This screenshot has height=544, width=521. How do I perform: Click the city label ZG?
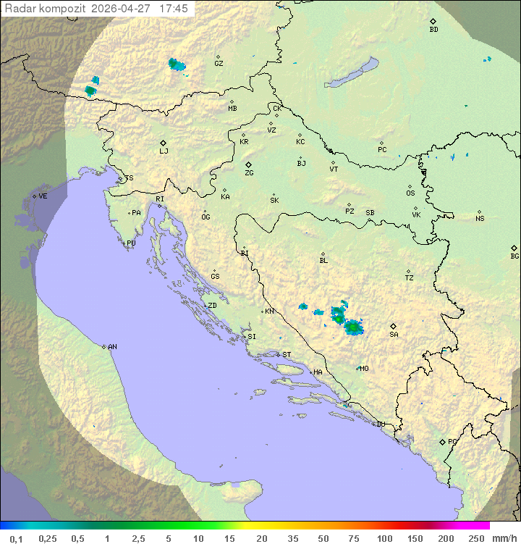(x=249, y=173)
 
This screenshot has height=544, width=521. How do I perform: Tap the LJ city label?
(x=164, y=151)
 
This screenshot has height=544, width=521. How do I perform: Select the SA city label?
(x=394, y=334)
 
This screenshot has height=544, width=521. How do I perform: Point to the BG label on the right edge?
(x=514, y=256)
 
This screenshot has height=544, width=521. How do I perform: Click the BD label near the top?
(x=433, y=30)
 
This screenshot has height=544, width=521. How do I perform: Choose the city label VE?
(x=43, y=196)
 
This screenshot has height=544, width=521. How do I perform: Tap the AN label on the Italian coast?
(x=112, y=347)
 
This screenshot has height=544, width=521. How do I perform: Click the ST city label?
(x=287, y=355)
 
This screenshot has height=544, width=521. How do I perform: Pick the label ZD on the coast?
(x=212, y=306)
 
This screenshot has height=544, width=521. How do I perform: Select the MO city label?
(x=364, y=368)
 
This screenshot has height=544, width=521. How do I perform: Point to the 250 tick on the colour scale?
(x=476, y=538)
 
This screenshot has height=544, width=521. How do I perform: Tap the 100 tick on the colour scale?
(x=384, y=538)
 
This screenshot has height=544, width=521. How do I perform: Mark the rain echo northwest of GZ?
(x=176, y=65)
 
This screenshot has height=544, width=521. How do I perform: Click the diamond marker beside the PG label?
(x=443, y=441)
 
